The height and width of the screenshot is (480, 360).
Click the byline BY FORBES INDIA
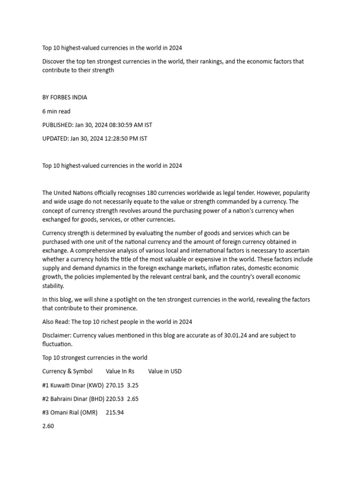pyautogui.click(x=65, y=97)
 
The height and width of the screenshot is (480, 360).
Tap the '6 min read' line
pyautogui.click(x=56, y=111)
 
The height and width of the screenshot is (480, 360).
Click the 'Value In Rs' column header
pyautogui.click(x=120, y=371)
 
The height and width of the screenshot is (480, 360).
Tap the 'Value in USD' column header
pyautogui.click(x=165, y=371)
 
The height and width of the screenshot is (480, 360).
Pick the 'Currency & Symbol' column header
pyautogui.click(x=67, y=371)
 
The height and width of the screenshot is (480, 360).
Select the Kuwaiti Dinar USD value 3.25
pyautogui.click(x=133, y=385)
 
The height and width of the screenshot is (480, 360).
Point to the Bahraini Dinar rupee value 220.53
pyautogui.click(x=115, y=399)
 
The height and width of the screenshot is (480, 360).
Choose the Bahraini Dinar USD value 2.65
pyautogui.click(x=133, y=399)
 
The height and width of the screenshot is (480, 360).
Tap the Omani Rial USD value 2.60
pyautogui.click(x=48, y=427)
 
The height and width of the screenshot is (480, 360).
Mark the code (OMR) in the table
pyautogui.click(x=89, y=412)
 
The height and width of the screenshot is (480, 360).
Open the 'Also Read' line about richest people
pyautogui.click(x=117, y=322)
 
